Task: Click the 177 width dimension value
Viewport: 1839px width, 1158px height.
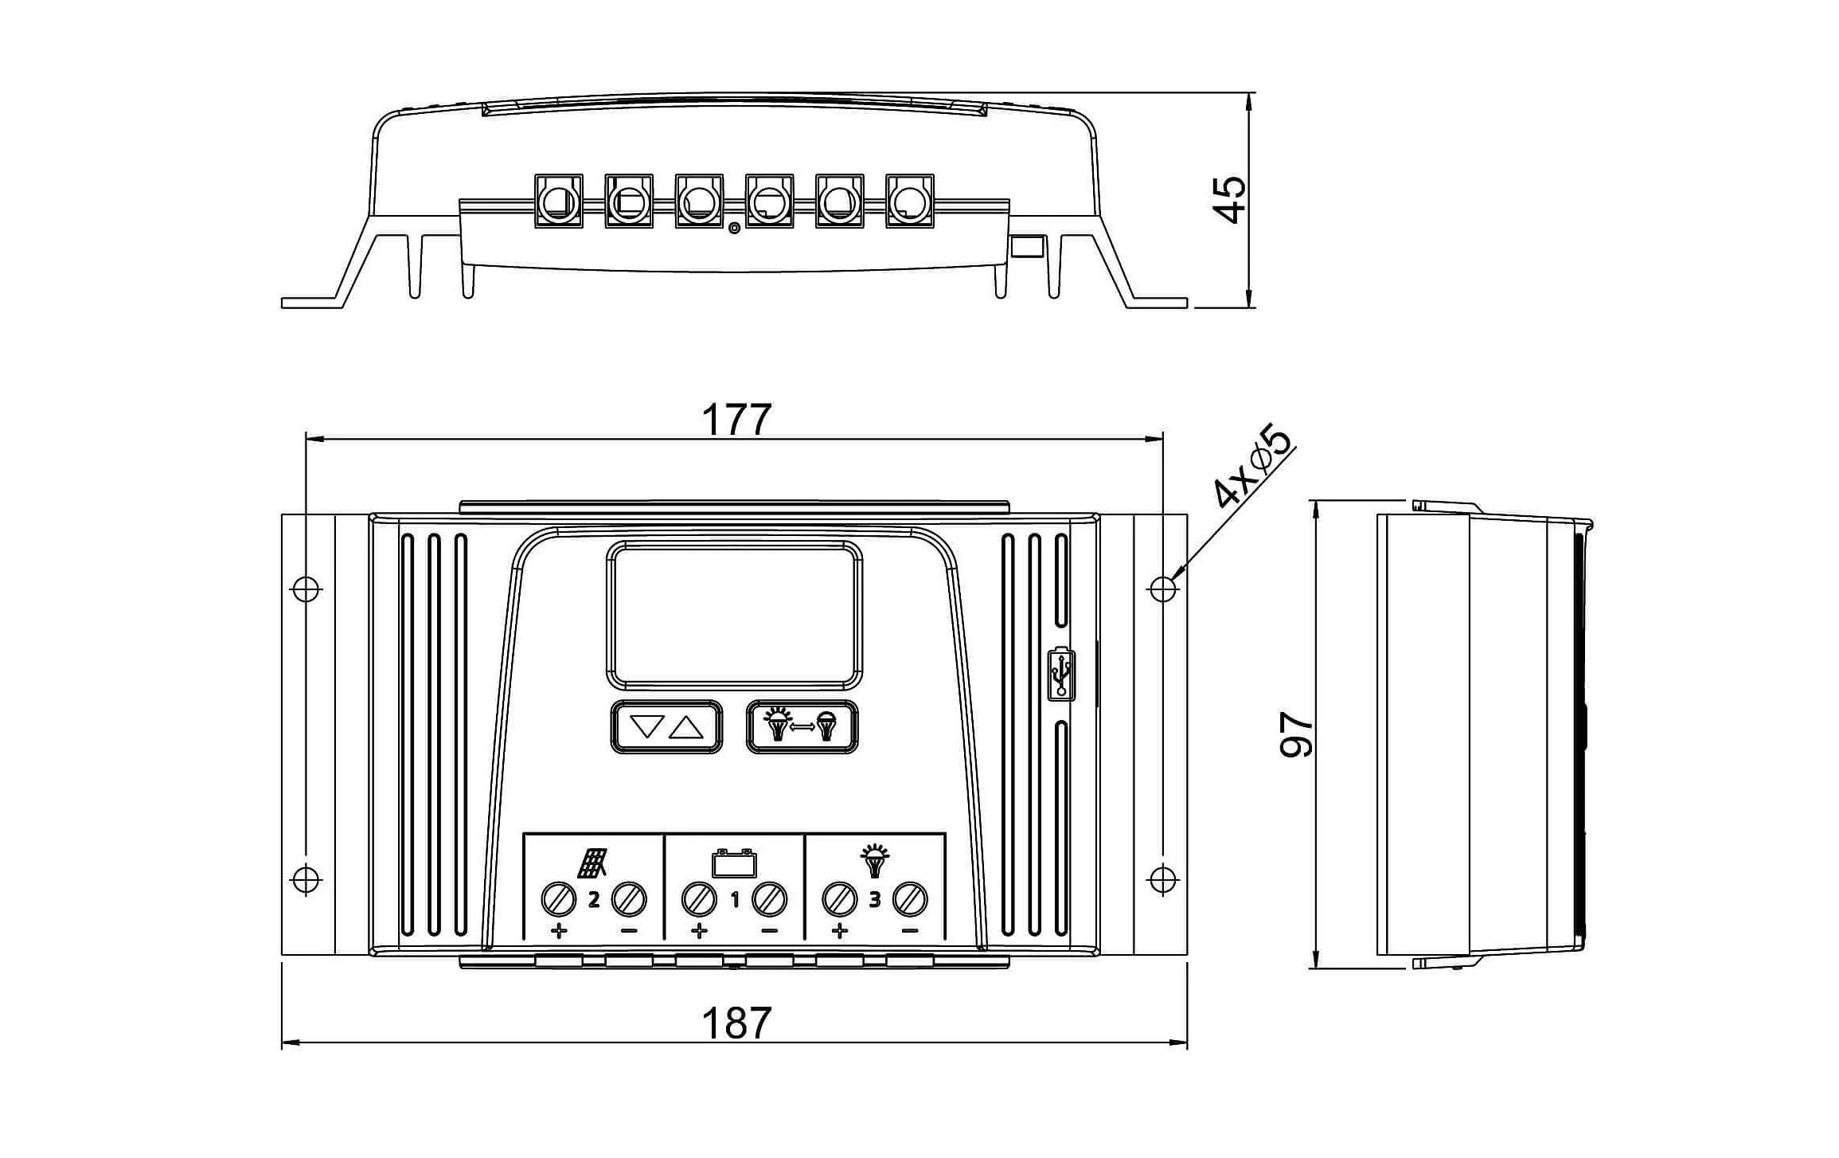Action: (x=736, y=420)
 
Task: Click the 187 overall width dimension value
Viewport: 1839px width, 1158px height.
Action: (x=736, y=1023)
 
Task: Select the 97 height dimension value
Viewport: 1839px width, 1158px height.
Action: (x=1295, y=734)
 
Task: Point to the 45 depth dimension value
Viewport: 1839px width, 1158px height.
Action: (x=1229, y=199)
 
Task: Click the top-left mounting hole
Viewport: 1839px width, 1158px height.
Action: (x=306, y=589)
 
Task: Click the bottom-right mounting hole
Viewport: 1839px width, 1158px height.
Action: (x=1163, y=878)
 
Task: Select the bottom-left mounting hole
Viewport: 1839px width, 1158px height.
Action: (x=306, y=878)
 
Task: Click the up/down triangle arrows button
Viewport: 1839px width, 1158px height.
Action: (x=666, y=726)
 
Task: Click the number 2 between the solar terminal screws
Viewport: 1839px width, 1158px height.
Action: (x=593, y=900)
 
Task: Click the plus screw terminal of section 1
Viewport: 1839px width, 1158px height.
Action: (x=699, y=899)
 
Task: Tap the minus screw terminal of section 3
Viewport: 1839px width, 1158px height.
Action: (x=910, y=899)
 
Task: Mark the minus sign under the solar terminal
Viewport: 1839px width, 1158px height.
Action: (x=629, y=930)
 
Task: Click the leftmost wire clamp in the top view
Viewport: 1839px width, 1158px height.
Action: (x=558, y=201)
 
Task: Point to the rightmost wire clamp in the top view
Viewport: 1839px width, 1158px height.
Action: (x=910, y=201)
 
